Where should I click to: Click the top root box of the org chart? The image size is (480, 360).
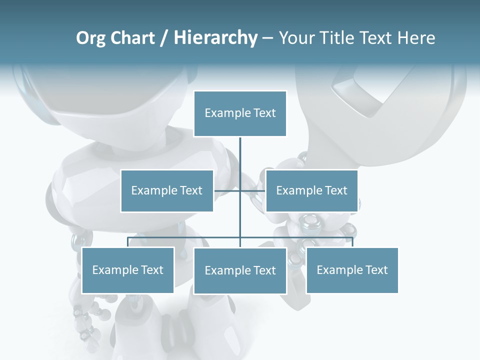click(240, 113)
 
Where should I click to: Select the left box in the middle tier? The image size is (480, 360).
click(167, 190)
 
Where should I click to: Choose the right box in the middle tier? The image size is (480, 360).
click(311, 190)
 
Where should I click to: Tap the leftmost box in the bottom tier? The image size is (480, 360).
click(128, 270)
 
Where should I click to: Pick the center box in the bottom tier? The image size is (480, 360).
click(240, 270)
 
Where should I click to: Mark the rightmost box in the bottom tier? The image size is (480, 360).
click(352, 270)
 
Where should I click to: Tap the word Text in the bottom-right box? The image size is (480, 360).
click(376, 270)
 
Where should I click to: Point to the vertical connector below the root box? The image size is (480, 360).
click(240, 155)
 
